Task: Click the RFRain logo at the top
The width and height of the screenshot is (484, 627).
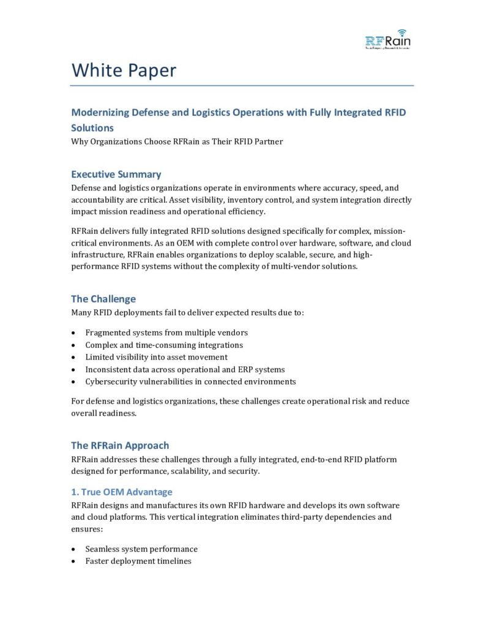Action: tap(388, 39)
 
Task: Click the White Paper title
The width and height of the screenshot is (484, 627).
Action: tap(124, 70)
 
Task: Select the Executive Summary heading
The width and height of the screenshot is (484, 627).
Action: tap(116, 174)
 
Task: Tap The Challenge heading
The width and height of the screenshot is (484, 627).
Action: tap(103, 299)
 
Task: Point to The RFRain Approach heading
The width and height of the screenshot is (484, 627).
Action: tap(120, 445)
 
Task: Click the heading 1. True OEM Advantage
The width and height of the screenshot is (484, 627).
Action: tap(122, 492)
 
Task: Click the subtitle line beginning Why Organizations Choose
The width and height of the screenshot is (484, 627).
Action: tap(177, 142)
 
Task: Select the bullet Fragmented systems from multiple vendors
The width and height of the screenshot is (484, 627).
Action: tap(166, 332)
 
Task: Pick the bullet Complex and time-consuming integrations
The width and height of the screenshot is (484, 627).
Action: tap(164, 345)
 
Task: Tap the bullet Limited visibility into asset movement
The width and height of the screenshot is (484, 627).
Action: tap(156, 357)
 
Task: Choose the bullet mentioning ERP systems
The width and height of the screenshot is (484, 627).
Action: tap(185, 369)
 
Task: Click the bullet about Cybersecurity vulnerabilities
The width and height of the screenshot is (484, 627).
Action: tap(190, 381)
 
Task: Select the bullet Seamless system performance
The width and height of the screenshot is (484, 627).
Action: tap(141, 549)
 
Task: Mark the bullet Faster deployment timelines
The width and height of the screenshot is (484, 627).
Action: tap(138, 561)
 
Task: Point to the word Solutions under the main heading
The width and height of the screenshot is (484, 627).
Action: tap(92, 129)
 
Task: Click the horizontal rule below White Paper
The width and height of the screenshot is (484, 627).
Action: tap(242, 85)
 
